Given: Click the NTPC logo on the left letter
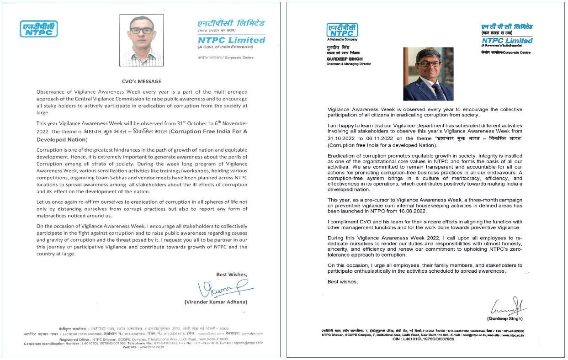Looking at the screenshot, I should (38, 29).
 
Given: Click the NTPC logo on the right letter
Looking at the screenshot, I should (342, 30).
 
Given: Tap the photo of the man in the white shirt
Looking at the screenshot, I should (141, 40).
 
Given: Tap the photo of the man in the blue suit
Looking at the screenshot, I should (428, 74).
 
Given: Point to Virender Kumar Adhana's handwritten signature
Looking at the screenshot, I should (224, 289).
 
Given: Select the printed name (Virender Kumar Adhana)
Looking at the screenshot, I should (216, 302).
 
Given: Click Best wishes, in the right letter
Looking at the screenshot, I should (343, 282).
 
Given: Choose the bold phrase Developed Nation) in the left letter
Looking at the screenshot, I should (61, 140).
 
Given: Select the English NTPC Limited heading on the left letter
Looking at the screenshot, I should (231, 40).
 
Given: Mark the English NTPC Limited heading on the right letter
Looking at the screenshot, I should (507, 40).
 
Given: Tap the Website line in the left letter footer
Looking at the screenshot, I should (143, 347).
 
